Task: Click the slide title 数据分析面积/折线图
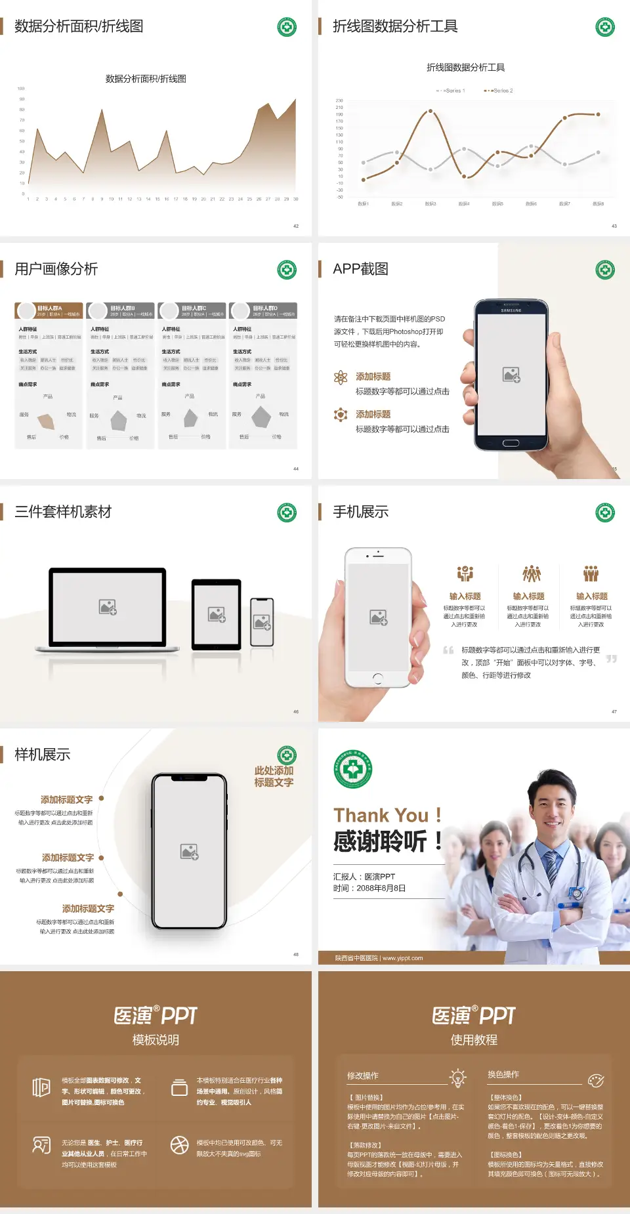point(79,26)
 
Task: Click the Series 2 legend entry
point(499,91)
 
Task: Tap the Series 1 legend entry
point(451,91)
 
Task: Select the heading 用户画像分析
point(56,269)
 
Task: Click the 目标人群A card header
point(49,310)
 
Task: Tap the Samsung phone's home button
point(511,443)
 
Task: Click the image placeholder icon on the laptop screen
point(108,607)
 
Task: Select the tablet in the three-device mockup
point(217,614)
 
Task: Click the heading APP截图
point(360,269)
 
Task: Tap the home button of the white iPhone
point(378,678)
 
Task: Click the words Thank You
point(381,816)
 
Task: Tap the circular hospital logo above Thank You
point(353,769)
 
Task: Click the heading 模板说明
point(156,1040)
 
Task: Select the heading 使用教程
point(474,1040)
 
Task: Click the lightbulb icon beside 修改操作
point(458,1078)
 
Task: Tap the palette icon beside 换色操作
point(596,1081)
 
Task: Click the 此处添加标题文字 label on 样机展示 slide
point(274,777)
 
